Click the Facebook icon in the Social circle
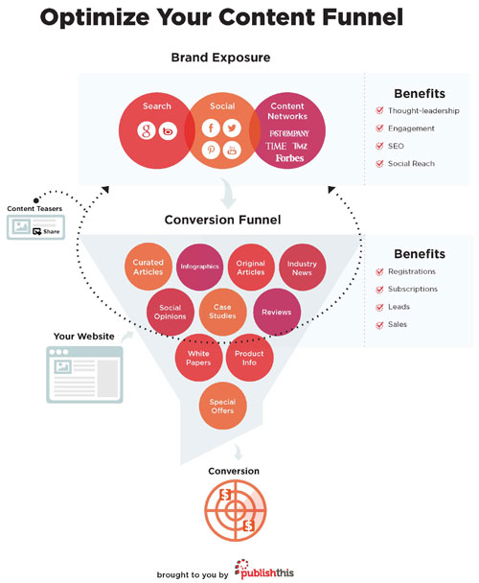[x=209, y=128]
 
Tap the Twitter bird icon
[x=232, y=128]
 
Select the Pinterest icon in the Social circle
[x=209, y=151]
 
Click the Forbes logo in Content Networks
[x=289, y=157]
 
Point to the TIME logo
[x=276, y=145]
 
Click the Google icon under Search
[x=146, y=130]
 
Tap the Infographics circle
[x=199, y=265]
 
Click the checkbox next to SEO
[x=381, y=147]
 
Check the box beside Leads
[x=381, y=307]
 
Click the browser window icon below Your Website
[x=84, y=375]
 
